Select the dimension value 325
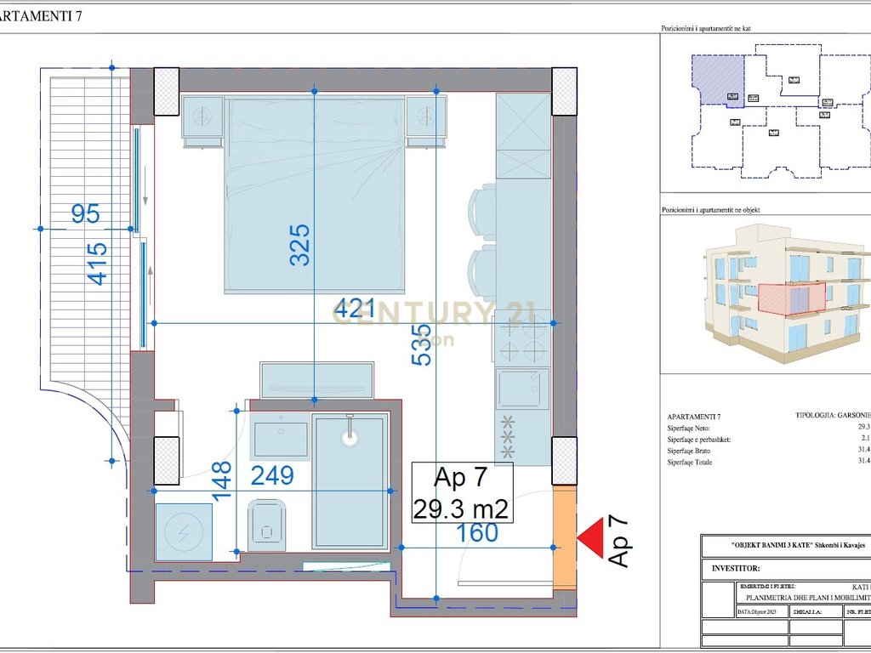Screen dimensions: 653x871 point(300,245)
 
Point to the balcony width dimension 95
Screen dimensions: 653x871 point(85,214)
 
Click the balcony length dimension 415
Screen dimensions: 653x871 point(98,264)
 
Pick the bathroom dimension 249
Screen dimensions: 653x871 point(272,475)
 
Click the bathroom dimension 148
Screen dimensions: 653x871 point(221,481)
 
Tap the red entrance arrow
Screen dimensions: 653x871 point(589,537)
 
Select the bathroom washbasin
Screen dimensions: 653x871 point(281,439)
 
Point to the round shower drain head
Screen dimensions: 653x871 point(350,437)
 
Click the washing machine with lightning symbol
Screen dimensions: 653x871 point(184,531)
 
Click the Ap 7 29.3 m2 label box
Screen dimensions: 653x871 point(462,493)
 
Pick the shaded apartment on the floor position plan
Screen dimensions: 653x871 point(716,80)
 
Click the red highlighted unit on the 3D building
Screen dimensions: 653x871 point(791,299)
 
